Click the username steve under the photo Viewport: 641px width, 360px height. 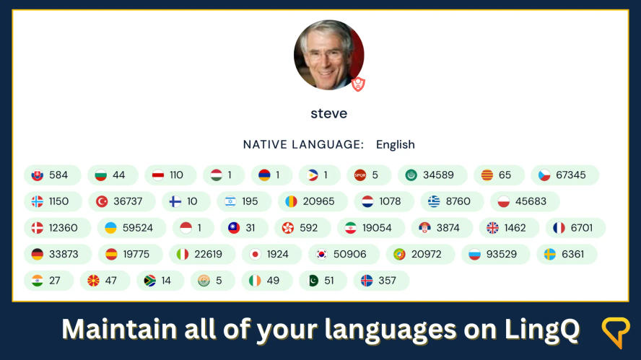coord(328,114)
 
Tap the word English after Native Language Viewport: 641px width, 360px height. coord(395,144)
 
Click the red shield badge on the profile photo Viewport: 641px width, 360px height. coord(358,84)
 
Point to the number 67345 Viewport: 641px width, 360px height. coord(570,175)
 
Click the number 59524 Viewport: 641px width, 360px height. coord(137,228)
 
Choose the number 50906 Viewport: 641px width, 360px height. coord(349,254)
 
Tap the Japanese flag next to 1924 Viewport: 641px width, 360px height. coord(255,254)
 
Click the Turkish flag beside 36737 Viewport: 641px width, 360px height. coord(102,201)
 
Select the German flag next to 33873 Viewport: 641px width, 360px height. coord(38,254)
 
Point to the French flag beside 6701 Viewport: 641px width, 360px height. coord(559,228)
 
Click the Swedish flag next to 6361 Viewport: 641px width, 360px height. coord(549,254)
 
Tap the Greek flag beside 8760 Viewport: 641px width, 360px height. coord(433,201)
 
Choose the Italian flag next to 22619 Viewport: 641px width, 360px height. coord(183,254)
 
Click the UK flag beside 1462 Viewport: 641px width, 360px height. coord(492,228)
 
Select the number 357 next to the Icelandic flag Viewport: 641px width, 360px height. coord(387,281)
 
